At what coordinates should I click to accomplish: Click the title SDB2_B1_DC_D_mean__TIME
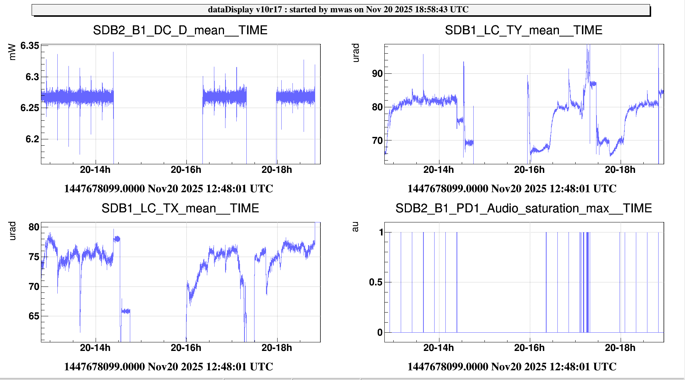(180, 30)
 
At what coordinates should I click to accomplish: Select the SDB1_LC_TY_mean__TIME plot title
(524, 30)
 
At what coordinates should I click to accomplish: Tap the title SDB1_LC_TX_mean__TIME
(180, 208)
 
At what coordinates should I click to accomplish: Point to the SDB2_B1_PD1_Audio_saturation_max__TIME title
(524, 208)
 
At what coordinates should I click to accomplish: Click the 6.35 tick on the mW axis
(29, 46)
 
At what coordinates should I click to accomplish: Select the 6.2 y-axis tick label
(32, 139)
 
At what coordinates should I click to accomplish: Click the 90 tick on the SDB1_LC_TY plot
(377, 74)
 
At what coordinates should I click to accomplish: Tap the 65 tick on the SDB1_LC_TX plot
(34, 316)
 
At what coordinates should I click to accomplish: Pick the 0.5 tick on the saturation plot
(375, 282)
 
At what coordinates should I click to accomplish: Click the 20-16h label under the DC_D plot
(186, 170)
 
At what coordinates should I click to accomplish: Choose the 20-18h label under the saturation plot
(620, 348)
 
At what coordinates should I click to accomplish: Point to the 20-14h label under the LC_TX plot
(95, 348)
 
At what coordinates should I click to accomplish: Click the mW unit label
(12, 52)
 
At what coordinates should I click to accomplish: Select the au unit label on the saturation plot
(355, 227)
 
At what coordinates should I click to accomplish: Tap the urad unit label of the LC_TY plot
(356, 53)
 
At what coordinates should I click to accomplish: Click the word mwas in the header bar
(341, 10)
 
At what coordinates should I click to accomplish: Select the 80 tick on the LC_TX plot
(34, 227)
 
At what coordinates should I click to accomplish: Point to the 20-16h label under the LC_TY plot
(529, 170)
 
